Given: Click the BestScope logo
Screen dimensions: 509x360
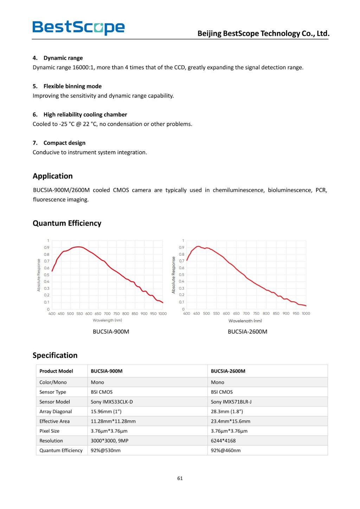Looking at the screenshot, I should pos(78,27).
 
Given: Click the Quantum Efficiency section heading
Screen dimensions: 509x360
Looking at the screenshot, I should pos(67,223).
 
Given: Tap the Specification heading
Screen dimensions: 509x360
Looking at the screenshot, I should pos(55,355).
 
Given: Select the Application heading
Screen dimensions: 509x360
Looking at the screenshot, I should pos(53,176).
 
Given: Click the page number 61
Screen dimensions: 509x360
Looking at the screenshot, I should pos(180,478).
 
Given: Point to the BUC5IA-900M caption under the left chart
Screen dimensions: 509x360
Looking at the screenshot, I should pos(111,331).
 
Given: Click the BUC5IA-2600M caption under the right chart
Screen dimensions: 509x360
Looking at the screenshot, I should pos(247,331).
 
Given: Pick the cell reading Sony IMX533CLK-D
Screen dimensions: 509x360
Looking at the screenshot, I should pos(112,402).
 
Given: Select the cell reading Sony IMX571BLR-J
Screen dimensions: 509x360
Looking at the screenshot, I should pos(231,402).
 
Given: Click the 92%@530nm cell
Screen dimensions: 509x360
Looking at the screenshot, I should pos(105,450).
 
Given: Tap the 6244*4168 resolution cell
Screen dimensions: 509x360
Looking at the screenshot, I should pos(223,440).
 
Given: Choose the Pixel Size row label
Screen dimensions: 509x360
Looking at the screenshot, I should pos(50,431).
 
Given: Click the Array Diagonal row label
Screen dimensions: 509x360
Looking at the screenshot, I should pos(56,412).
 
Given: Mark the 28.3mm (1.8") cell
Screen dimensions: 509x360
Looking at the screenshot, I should pos(227,412).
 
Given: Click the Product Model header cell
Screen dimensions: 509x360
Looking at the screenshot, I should pos(56,371).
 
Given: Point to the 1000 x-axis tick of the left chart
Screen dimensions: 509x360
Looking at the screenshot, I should pos(162,314).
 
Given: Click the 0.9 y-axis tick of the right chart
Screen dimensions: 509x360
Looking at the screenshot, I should pos(181,247).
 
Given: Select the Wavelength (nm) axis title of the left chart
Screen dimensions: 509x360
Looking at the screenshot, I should pos(107,320).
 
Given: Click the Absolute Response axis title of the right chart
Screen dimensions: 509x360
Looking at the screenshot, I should pos(173,275).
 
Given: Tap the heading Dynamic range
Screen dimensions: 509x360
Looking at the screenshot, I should pos(63,58).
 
